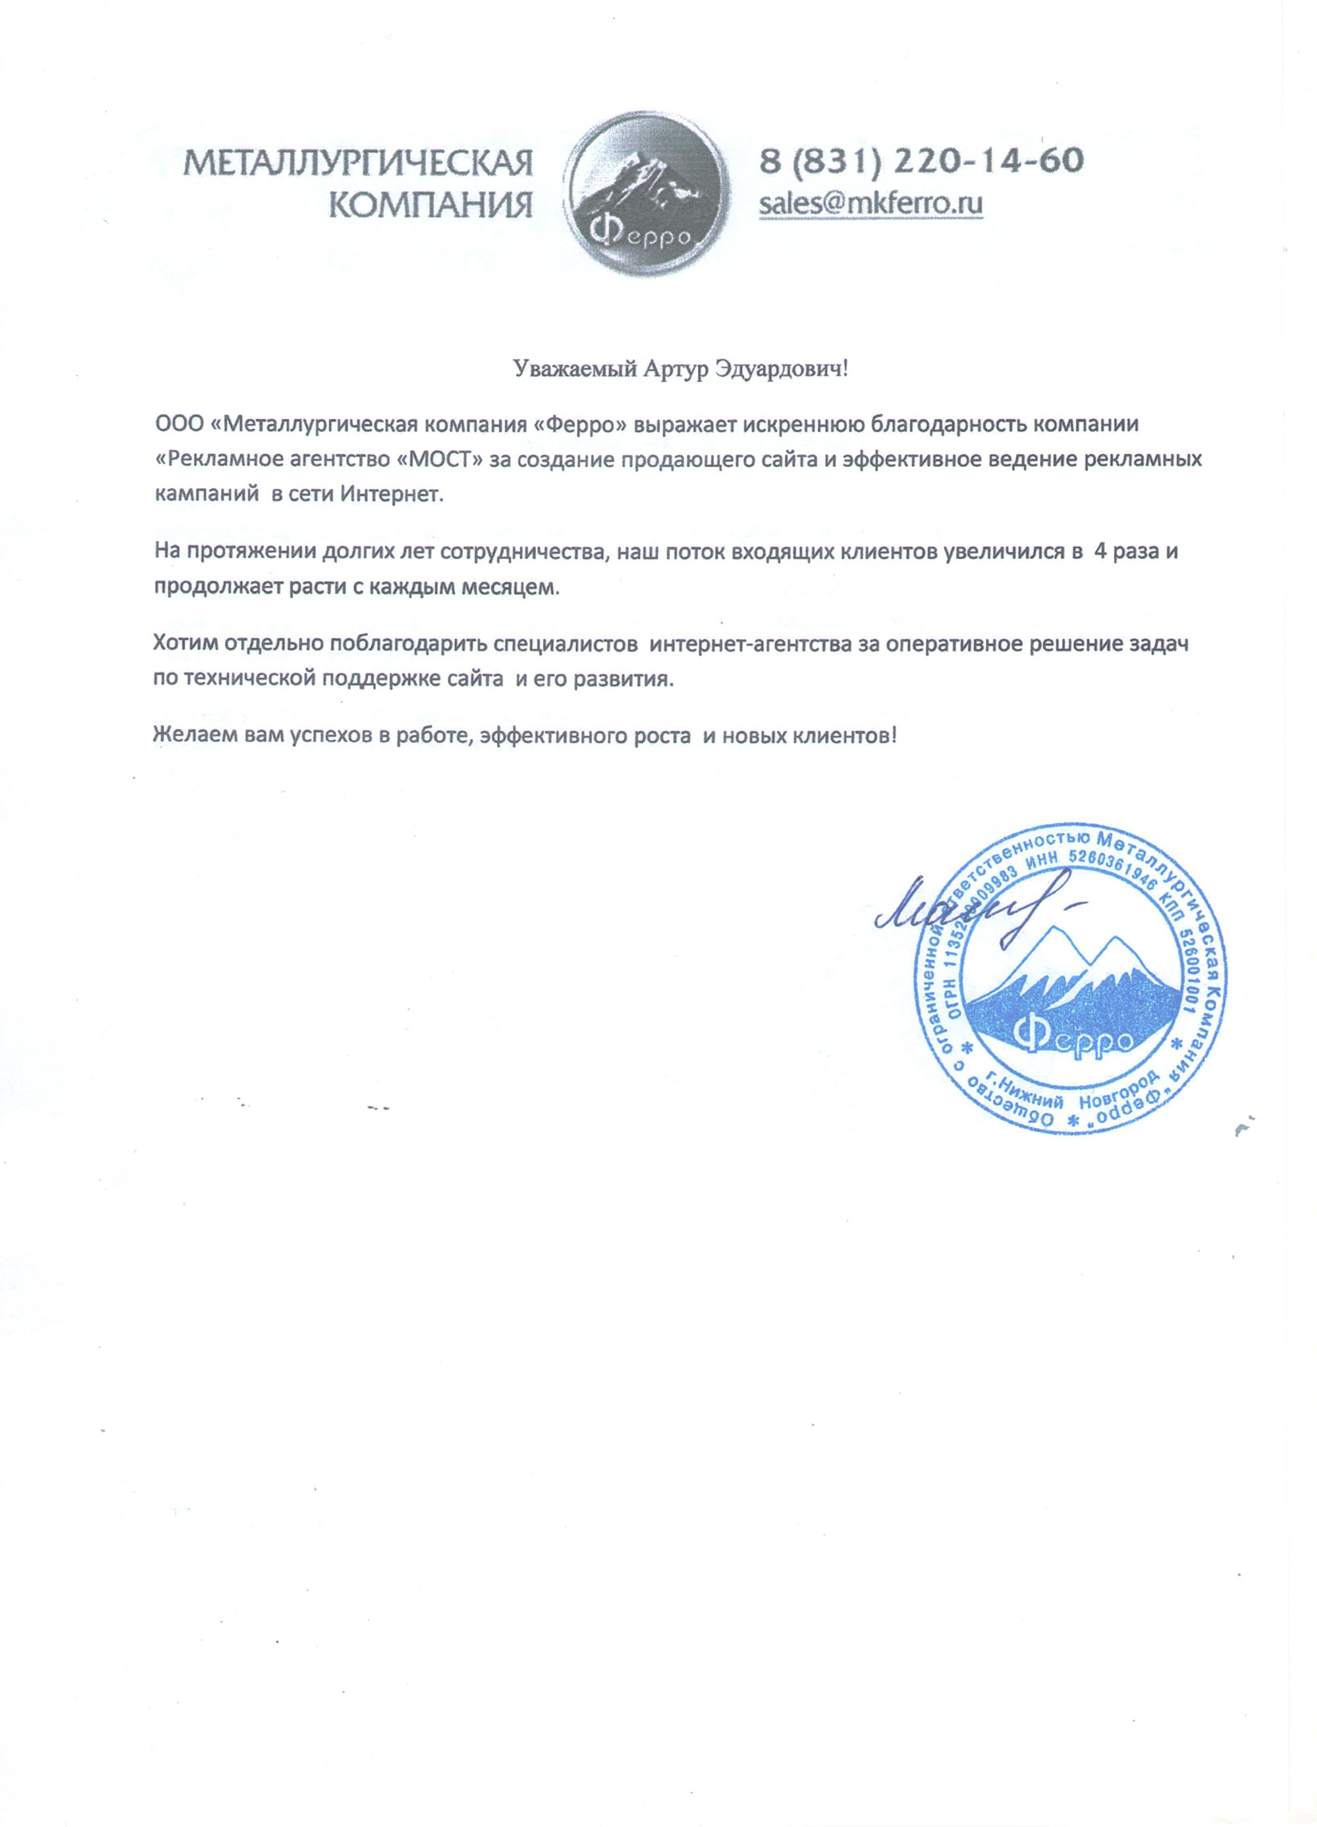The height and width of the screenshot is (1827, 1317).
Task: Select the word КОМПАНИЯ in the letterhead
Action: tap(432, 206)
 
